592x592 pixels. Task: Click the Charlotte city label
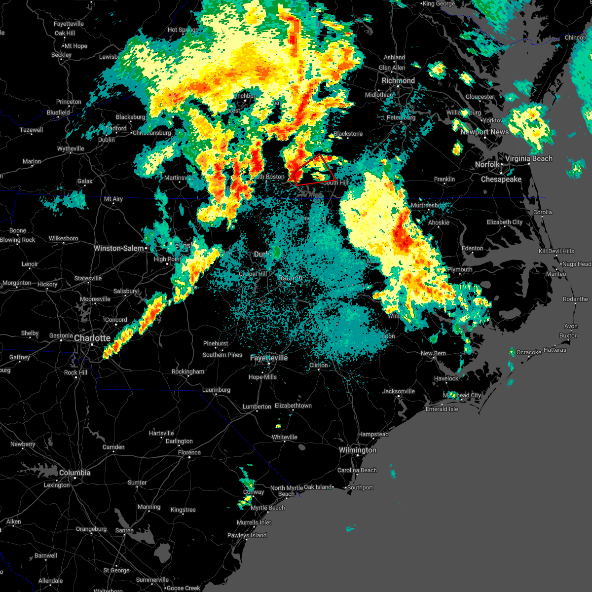(x=92, y=338)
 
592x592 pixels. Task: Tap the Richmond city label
(x=398, y=80)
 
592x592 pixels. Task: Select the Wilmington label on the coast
(x=357, y=450)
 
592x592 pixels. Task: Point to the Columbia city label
(x=74, y=473)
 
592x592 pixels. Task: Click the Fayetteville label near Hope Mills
(x=269, y=358)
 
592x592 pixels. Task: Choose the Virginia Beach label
(x=528, y=158)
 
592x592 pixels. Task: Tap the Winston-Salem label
(x=119, y=248)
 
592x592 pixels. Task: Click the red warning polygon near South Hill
(x=316, y=170)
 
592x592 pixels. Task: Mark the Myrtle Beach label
(x=267, y=508)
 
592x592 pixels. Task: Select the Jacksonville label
(x=399, y=391)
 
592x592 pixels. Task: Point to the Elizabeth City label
(x=505, y=222)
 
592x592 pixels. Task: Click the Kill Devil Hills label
(x=556, y=251)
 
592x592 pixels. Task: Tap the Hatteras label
(x=555, y=350)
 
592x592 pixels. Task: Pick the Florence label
(x=189, y=452)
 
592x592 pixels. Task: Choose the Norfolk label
(x=487, y=164)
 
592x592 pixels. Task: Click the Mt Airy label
(x=113, y=199)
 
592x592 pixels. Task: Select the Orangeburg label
(x=91, y=529)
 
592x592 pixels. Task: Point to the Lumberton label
(x=257, y=407)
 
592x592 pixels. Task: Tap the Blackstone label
(x=348, y=134)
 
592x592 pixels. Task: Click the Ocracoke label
(x=529, y=352)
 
